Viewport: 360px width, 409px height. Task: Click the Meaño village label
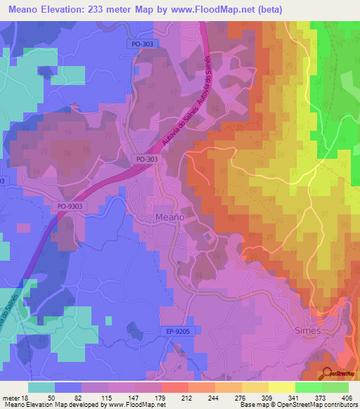pyautogui.click(x=169, y=218)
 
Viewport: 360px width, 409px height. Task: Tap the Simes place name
pyautogui.click(x=307, y=330)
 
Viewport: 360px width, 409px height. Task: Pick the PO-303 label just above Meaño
pyautogui.click(x=146, y=160)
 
